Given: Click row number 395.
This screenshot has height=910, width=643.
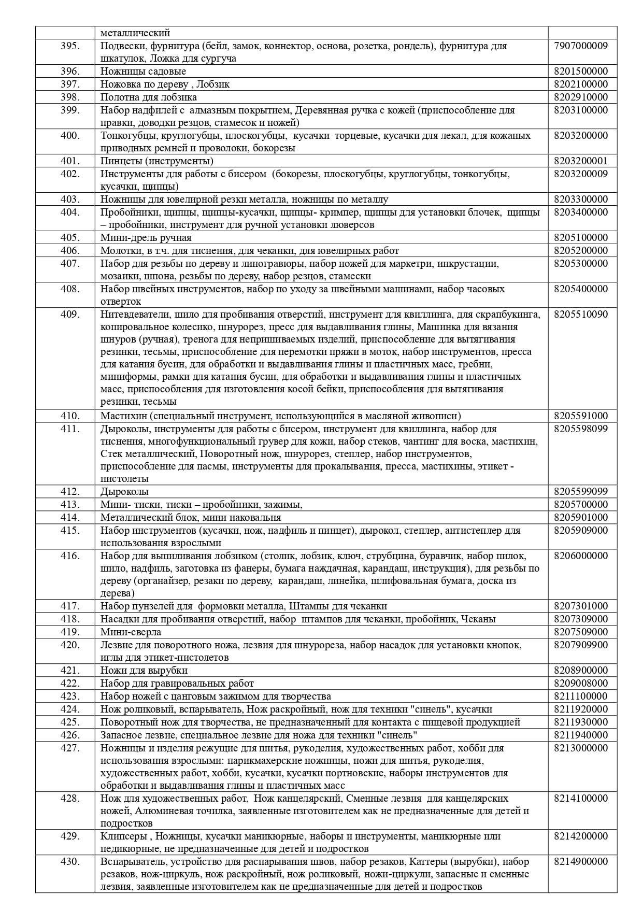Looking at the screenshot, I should pyautogui.click(x=70, y=46).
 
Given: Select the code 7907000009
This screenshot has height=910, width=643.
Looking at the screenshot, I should pyautogui.click(x=580, y=46).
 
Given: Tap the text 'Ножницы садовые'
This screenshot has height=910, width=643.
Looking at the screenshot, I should pyautogui.click(x=143, y=71).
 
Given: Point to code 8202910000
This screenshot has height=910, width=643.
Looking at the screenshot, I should pyautogui.click(x=580, y=97).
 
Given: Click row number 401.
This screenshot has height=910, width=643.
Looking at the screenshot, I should pyautogui.click(x=70, y=161).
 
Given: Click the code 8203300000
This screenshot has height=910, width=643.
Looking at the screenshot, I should pyautogui.click(x=580, y=199).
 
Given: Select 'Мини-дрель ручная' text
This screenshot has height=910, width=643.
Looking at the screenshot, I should pyautogui.click(x=146, y=238).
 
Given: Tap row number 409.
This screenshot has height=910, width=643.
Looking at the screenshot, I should pyautogui.click(x=70, y=314).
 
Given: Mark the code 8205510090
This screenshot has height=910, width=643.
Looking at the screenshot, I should pyautogui.click(x=580, y=314).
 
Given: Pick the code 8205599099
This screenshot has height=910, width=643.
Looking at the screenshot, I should pyautogui.click(x=580, y=491).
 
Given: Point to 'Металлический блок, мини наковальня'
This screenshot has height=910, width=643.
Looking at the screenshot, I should pyautogui.click(x=191, y=517).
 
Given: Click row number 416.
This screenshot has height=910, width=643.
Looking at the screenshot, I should pyautogui.click(x=70, y=556).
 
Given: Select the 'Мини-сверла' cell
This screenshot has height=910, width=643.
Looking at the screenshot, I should pyautogui.click(x=131, y=632).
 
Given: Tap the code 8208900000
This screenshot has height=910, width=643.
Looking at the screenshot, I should pyautogui.click(x=580, y=670).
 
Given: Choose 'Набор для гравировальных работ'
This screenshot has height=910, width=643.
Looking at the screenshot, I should pyautogui.click(x=177, y=683).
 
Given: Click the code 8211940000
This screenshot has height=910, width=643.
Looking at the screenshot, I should pyautogui.click(x=580, y=735).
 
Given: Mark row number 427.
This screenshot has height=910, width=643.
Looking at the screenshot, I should pyautogui.click(x=70, y=748).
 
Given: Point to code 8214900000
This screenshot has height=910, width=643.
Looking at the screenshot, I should pyautogui.click(x=580, y=861).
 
